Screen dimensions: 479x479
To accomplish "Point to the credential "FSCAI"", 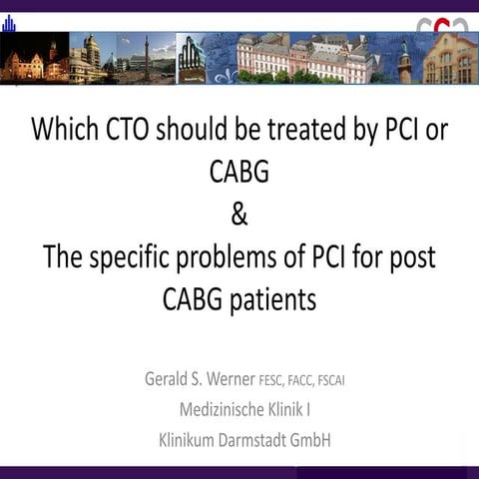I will (x=356, y=381).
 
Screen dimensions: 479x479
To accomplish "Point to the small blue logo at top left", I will (x=9, y=21).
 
